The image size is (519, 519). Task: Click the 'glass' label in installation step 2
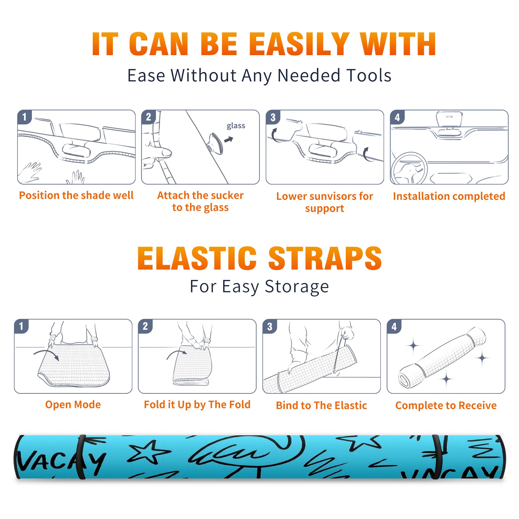click(x=236, y=126)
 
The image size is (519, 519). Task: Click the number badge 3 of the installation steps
click(x=273, y=117)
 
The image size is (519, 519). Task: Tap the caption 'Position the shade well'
click(x=76, y=195)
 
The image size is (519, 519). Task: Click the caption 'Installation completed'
click(x=449, y=196)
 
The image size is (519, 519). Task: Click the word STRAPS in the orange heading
click(x=325, y=258)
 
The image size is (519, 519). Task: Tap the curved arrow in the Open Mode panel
click(x=46, y=354)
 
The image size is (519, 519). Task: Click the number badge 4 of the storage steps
click(x=394, y=326)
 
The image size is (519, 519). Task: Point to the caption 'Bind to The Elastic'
click(x=321, y=405)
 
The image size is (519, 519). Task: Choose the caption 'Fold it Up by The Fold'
click(x=197, y=405)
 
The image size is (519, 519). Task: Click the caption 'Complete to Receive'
click(x=446, y=405)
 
